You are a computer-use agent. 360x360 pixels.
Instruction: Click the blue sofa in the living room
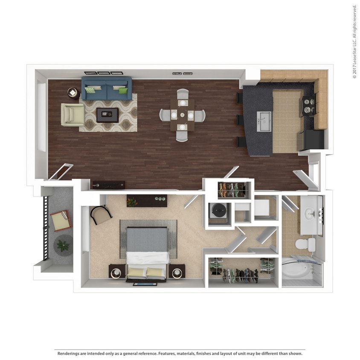click(x=106, y=88)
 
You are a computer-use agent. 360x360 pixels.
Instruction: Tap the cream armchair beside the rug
click(x=72, y=115)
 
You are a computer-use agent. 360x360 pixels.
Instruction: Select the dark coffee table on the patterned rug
click(x=107, y=115)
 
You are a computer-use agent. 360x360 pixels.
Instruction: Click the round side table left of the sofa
click(x=73, y=93)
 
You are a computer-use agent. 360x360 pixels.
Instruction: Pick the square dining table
click(x=182, y=115)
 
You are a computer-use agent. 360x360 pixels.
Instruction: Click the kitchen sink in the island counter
click(x=263, y=122)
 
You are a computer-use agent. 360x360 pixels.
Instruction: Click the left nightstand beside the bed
click(x=117, y=271)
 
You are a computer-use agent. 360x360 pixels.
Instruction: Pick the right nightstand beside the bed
click(x=177, y=271)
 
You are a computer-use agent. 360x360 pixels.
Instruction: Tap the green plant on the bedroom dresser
click(x=132, y=201)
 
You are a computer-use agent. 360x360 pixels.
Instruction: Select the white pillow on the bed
click(x=147, y=257)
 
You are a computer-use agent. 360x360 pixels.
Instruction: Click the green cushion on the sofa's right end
click(x=123, y=90)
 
